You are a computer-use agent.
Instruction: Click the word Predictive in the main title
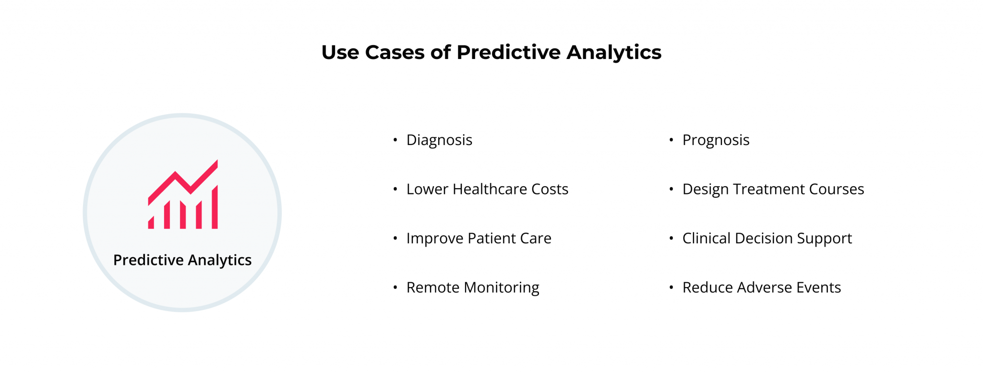point(508,52)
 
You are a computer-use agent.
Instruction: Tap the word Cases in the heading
point(395,52)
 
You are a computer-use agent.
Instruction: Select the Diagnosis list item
point(439,140)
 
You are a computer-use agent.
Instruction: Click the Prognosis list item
point(716,140)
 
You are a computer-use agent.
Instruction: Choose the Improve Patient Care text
point(479,239)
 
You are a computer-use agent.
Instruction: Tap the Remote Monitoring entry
point(473,288)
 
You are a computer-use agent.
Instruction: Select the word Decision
point(763,239)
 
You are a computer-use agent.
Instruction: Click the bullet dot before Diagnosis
point(395,140)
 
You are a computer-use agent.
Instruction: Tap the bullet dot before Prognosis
point(671,140)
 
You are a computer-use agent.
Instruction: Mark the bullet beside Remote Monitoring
point(395,288)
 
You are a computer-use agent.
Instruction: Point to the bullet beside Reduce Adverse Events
point(671,288)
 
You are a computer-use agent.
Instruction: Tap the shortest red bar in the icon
point(151,223)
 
